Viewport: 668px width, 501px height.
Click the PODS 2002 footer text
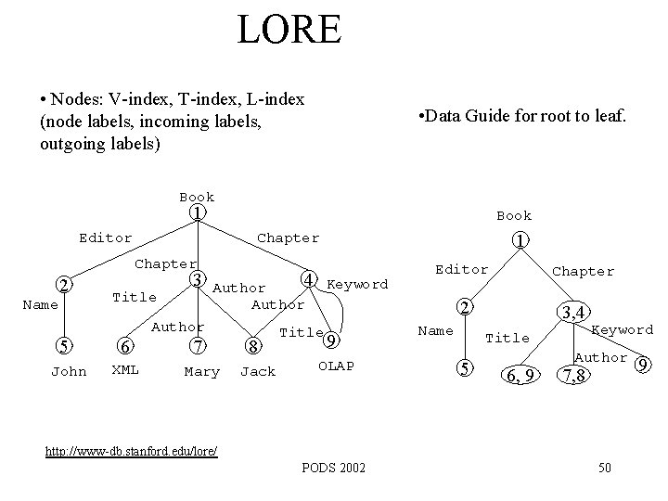(x=333, y=468)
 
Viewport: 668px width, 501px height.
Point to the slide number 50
(x=604, y=468)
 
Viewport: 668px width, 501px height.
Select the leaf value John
(x=69, y=372)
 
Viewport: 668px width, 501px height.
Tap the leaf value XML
(x=125, y=368)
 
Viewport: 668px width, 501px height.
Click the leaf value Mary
(x=201, y=372)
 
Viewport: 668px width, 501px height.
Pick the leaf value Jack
(x=257, y=372)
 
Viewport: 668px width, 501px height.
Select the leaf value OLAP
(x=336, y=366)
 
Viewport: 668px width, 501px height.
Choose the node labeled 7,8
(x=569, y=376)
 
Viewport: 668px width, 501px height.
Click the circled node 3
(x=196, y=279)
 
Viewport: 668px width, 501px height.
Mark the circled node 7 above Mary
(x=196, y=347)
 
